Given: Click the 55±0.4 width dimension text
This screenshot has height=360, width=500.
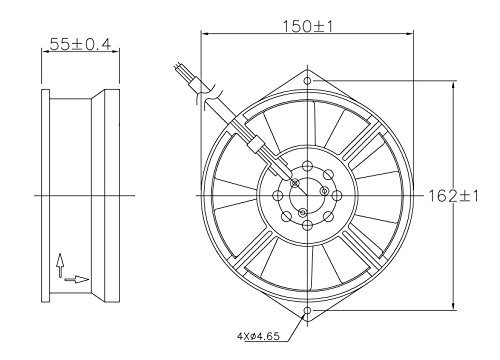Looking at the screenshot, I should [79, 46].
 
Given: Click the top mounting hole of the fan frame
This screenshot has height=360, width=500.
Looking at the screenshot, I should [307, 80].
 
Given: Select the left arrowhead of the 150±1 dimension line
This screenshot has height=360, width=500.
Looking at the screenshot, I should [206, 35].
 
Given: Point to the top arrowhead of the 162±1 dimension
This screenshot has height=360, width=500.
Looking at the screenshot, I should [456, 84].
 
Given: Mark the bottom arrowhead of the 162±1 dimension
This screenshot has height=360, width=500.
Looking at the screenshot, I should [456, 306].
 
